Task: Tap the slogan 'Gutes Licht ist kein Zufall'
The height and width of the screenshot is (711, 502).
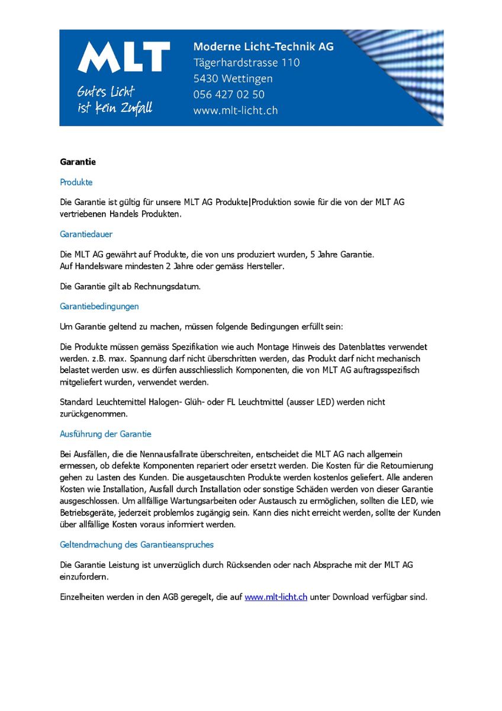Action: pos(114,100)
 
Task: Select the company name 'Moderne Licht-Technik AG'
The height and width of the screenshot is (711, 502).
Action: pos(263,46)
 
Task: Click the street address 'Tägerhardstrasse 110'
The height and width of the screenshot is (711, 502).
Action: pos(246,62)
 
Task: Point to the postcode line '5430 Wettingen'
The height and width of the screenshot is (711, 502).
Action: pos(233,78)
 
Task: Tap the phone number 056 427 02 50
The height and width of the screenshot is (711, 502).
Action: pos(229,94)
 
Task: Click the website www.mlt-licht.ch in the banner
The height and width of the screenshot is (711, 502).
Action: pos(235,110)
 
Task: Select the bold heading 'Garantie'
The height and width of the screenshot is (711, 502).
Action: pos(78,162)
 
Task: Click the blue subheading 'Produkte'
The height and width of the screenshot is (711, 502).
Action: pos(76,182)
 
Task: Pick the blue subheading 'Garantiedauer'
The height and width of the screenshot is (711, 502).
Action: pos(86,234)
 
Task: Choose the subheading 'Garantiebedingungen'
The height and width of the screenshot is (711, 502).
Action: pos(99,306)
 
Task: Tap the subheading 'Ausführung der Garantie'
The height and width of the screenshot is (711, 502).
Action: pos(105,434)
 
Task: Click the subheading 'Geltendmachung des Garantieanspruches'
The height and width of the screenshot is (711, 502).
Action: pos(137,544)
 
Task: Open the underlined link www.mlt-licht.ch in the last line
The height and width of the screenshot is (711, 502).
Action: pos(276,597)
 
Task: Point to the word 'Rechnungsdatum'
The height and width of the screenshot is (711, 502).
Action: pos(168,287)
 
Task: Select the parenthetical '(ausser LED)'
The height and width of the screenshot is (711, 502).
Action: pos(312,402)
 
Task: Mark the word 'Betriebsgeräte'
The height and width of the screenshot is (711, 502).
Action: pos(88,513)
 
